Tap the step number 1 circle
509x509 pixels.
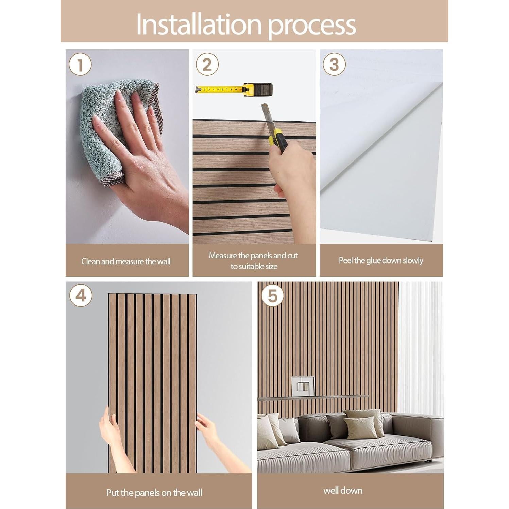tap(80, 64)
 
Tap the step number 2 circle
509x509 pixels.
tap(207, 64)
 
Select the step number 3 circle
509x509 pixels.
tap(334, 64)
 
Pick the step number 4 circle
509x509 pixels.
tap(81, 295)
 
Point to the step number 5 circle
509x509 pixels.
tap(272, 295)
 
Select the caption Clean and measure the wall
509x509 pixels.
tap(126, 261)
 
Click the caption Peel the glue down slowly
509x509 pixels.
tap(381, 260)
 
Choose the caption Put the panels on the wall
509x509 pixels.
tap(154, 492)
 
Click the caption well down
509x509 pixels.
tap(343, 490)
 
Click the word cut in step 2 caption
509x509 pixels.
tap(292, 255)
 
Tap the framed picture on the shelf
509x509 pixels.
tap(303, 386)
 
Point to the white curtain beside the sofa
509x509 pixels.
tap(420, 347)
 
